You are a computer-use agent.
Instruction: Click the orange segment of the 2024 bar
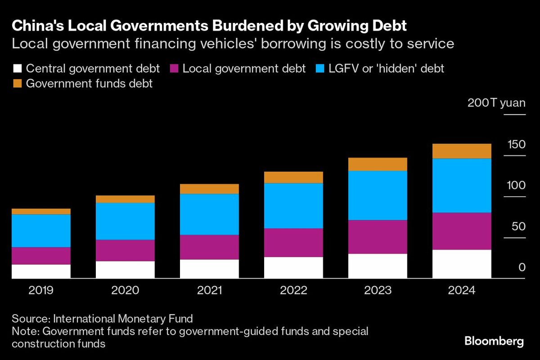[x=462, y=151]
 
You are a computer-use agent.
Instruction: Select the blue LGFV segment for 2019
[x=41, y=230]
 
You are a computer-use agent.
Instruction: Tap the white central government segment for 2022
[x=293, y=268]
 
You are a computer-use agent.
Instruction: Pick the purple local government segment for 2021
[x=209, y=247]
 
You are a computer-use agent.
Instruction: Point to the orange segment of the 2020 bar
[x=125, y=199]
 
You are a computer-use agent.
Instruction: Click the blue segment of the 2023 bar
[x=378, y=195]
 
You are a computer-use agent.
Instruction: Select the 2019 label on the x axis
[x=41, y=290]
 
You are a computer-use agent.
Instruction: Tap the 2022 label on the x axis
[x=293, y=290]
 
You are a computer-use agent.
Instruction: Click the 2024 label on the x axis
[x=462, y=290]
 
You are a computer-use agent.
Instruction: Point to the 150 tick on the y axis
[x=516, y=144]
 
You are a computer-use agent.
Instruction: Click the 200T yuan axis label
[x=496, y=103]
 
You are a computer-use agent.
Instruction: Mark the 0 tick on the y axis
[x=522, y=267]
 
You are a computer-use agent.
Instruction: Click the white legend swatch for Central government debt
[x=17, y=69]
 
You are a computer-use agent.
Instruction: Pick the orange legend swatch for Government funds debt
[x=17, y=83]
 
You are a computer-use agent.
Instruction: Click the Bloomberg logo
[x=494, y=341]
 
